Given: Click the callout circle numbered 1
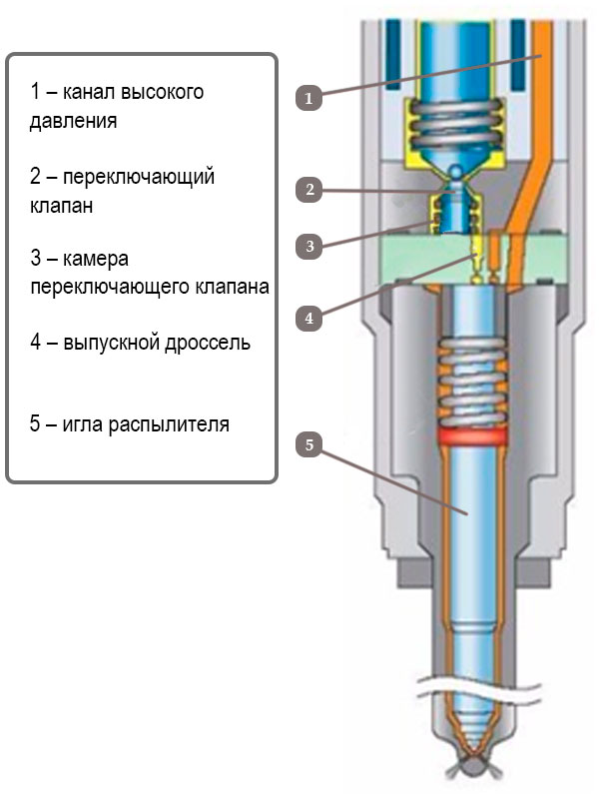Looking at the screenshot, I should [x=308, y=98].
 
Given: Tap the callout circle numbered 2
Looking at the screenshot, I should [x=309, y=189].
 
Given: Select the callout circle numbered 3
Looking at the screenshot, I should [x=309, y=245].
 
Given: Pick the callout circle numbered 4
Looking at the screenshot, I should [x=309, y=318].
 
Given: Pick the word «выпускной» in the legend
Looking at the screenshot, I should [x=108, y=343].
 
